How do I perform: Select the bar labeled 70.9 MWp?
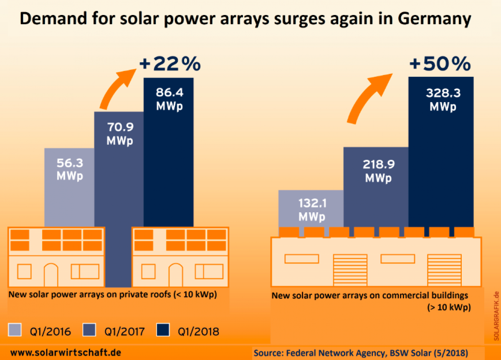[119, 175]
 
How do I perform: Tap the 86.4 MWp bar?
[169, 159]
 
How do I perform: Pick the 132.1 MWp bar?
[311, 209]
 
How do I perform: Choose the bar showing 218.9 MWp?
[376, 188]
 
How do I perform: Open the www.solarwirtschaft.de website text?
[66, 352]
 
